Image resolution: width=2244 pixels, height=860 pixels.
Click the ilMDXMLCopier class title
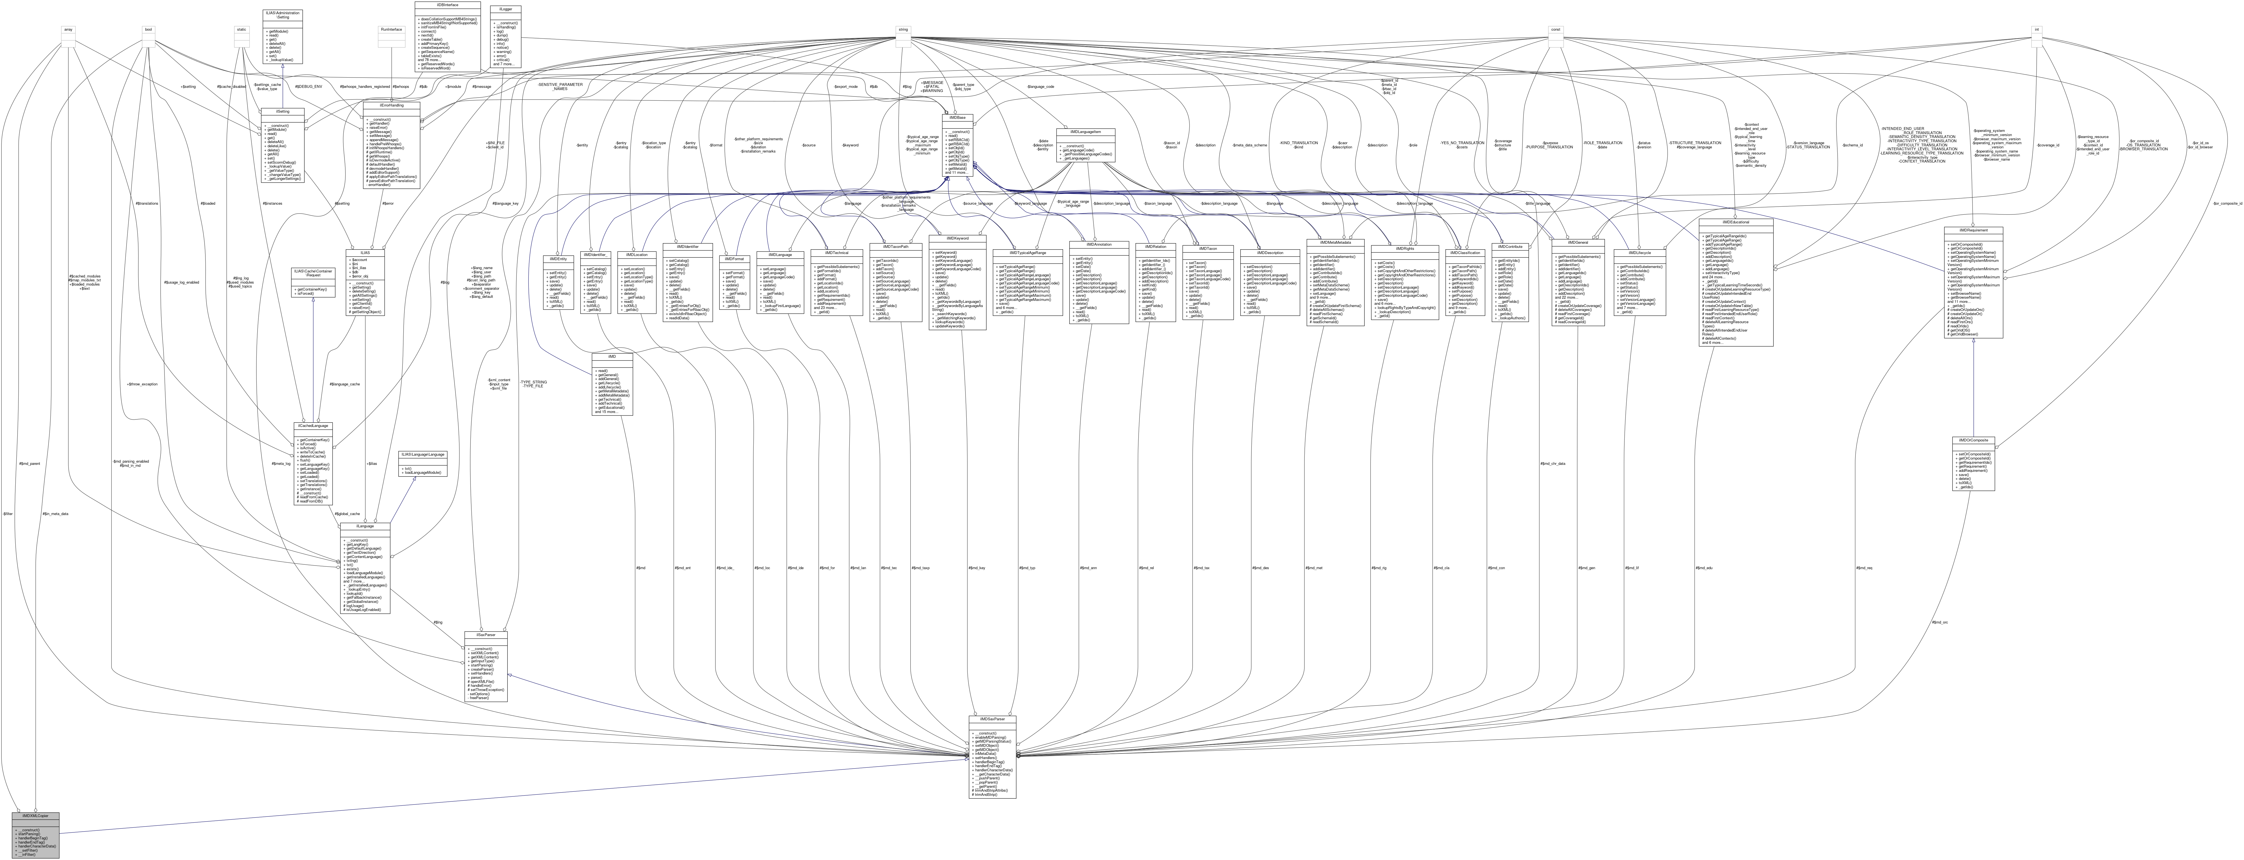[35, 816]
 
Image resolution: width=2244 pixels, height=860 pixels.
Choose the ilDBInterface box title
[448, 4]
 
